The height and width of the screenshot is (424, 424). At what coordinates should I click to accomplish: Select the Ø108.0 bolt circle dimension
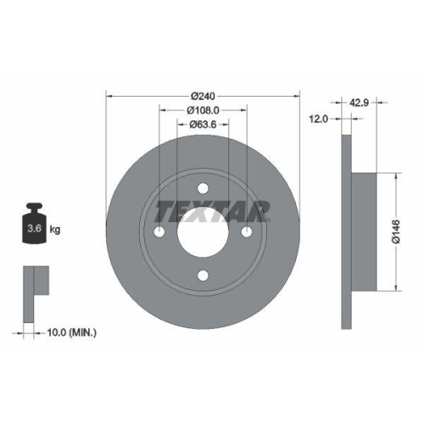pyautogui.click(x=203, y=110)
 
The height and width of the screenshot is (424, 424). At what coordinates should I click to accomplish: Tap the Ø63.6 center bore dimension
pyautogui.click(x=203, y=125)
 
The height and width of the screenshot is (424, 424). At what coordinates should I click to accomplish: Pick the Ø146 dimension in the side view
pyautogui.click(x=404, y=232)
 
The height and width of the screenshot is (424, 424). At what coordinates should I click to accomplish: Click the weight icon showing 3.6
pyautogui.click(x=35, y=225)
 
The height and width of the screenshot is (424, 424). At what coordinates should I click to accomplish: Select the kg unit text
pyautogui.click(x=55, y=230)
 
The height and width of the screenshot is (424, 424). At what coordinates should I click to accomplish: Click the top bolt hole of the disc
pyautogui.click(x=203, y=189)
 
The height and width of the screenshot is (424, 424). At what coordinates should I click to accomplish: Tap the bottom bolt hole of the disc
pyautogui.click(x=203, y=275)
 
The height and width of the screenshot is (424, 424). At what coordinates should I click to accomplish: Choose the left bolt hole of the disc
pyautogui.click(x=160, y=232)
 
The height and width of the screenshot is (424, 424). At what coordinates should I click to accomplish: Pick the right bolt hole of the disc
pyautogui.click(x=246, y=232)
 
